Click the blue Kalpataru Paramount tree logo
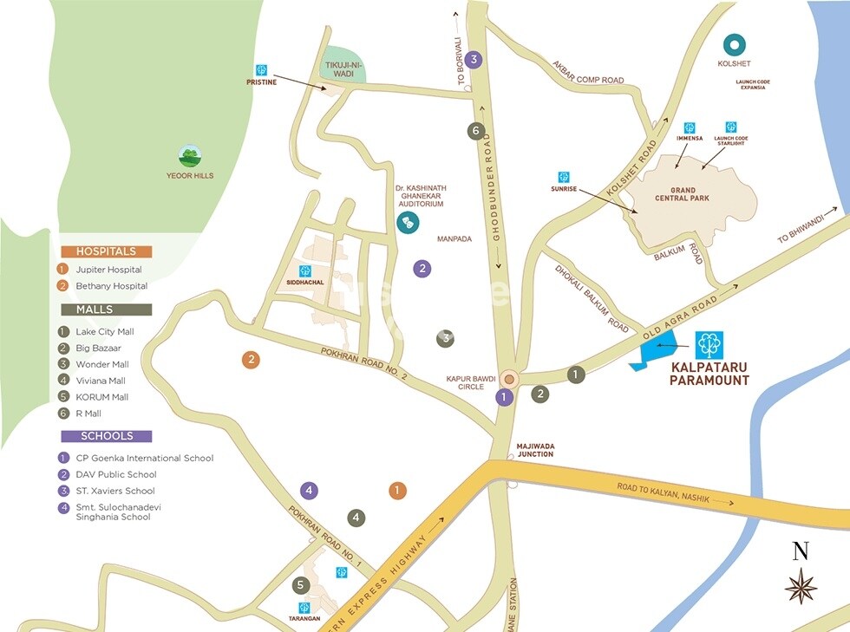pyautogui.click(x=709, y=345)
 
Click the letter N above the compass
pyautogui.click(x=801, y=551)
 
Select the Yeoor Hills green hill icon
pyautogui.click(x=190, y=157)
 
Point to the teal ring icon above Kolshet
pyautogui.click(x=735, y=43)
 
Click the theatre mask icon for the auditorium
pyautogui.click(x=405, y=222)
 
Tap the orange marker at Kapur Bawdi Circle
pyautogui.click(x=510, y=378)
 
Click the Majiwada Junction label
pyautogui.click(x=535, y=450)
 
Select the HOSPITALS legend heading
pyautogui.click(x=106, y=251)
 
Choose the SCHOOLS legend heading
pyautogui.click(x=106, y=436)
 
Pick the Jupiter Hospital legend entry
pyautogui.click(x=108, y=270)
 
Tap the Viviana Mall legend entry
pyautogui.click(x=101, y=381)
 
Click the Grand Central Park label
pyautogui.click(x=683, y=192)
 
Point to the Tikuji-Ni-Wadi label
pyautogui.click(x=344, y=69)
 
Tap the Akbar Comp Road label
pyautogui.click(x=587, y=73)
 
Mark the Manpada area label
pyautogui.click(x=454, y=238)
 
